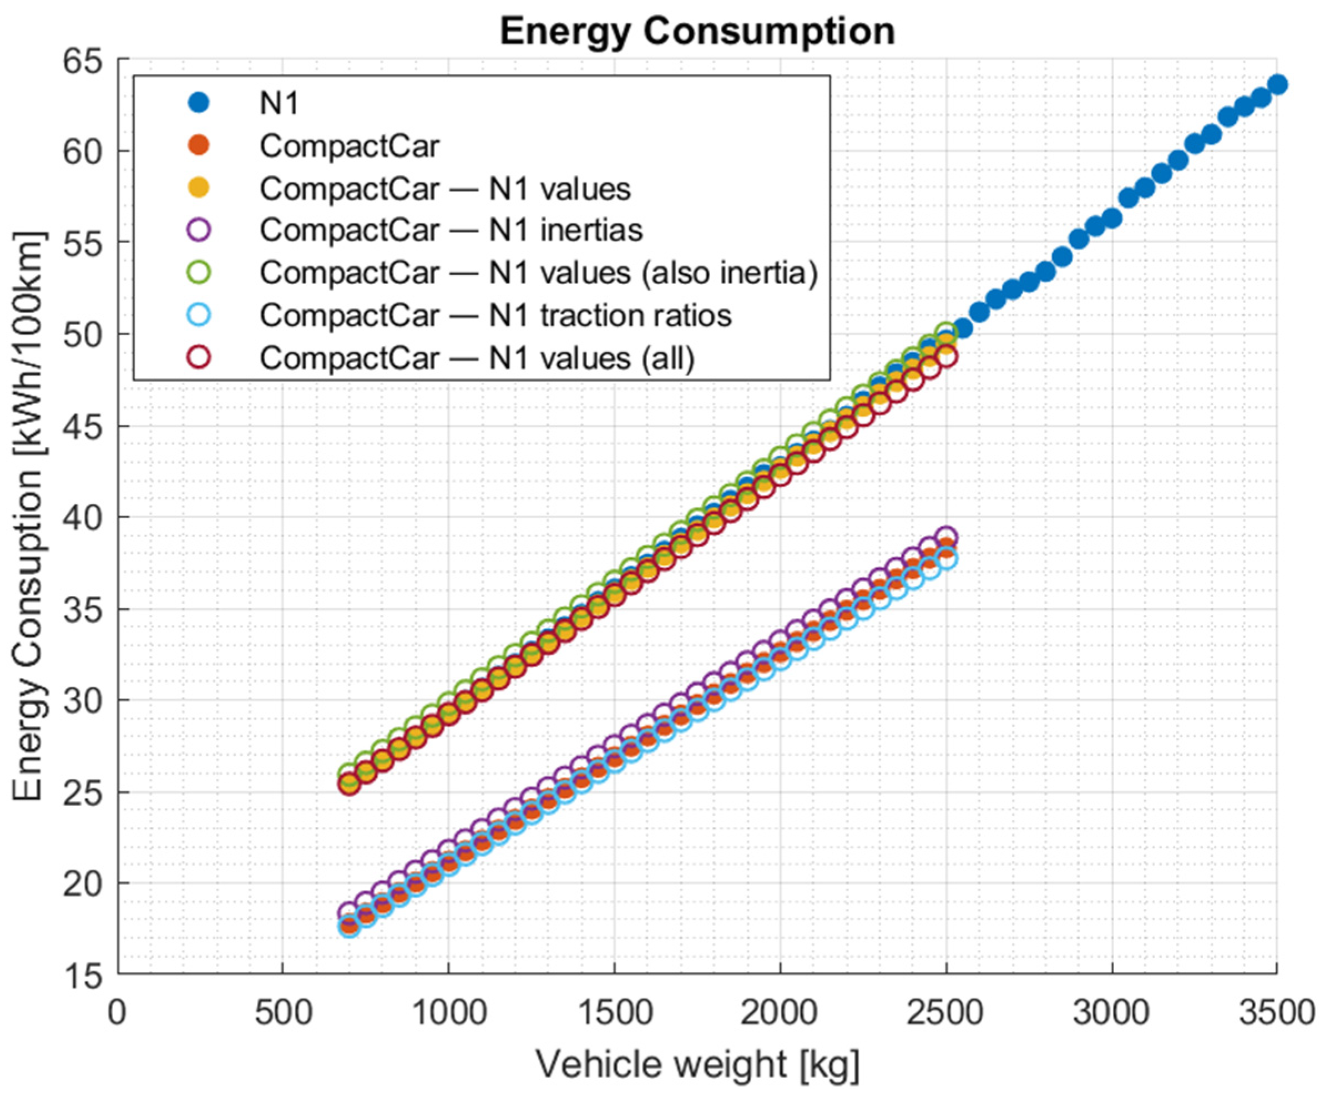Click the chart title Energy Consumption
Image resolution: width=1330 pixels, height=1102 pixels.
coord(697,31)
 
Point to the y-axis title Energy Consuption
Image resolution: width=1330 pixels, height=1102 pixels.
coord(28,516)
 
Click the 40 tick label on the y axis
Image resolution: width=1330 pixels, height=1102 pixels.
coord(82,518)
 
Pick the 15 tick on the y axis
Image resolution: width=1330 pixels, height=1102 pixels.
coord(82,976)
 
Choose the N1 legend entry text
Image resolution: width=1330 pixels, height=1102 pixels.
coord(279,103)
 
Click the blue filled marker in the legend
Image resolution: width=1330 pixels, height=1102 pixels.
coord(199,103)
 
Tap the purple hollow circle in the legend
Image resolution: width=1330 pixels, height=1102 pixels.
coord(199,230)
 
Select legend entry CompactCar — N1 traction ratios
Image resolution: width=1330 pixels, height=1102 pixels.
coord(495,315)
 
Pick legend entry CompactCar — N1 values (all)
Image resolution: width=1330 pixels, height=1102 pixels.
coord(477,358)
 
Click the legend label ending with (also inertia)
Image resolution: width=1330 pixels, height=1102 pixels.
coord(538,273)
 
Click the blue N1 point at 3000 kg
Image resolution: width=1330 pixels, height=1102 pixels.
coord(1112,219)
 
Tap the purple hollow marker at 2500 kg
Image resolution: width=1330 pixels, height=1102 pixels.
coord(946,537)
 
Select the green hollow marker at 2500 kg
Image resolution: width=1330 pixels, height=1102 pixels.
coord(946,331)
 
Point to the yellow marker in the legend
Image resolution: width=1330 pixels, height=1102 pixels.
coord(199,188)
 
